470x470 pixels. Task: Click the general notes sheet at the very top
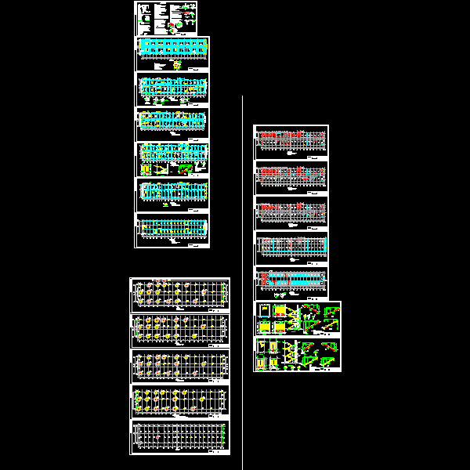click(166, 17)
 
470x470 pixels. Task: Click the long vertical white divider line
click(243, 274)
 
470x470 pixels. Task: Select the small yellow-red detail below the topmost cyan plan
click(176, 67)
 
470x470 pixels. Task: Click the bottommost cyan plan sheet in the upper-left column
click(172, 230)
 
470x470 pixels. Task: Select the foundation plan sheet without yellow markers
click(179, 437)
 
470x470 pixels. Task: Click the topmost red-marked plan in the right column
click(291, 141)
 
